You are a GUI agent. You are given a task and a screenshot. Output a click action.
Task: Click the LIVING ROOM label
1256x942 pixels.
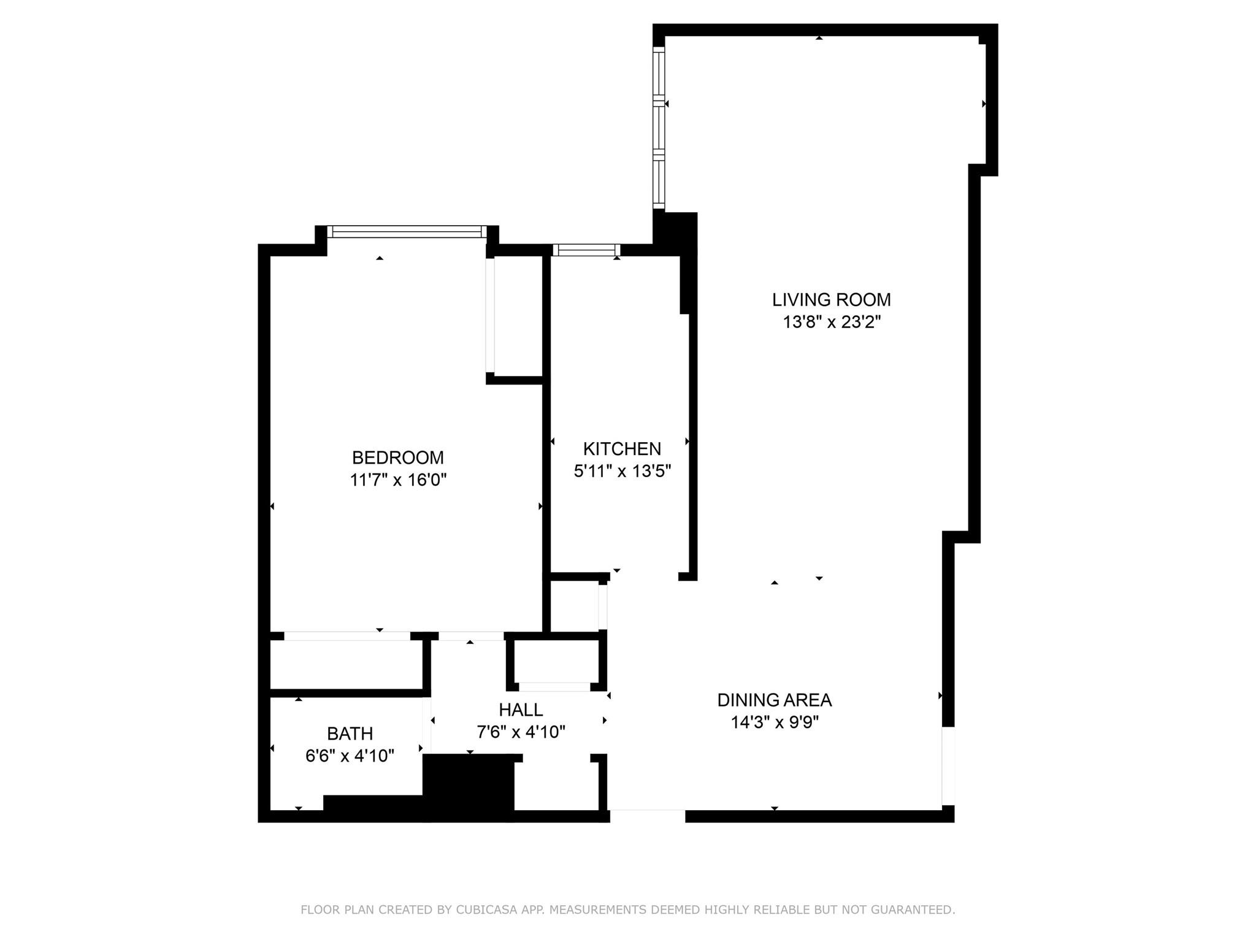pyautogui.click(x=831, y=299)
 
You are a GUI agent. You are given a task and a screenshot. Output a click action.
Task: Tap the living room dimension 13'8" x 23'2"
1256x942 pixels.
pyautogui.click(x=832, y=322)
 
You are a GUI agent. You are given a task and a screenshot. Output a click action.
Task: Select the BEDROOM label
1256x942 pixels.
pyautogui.click(x=397, y=458)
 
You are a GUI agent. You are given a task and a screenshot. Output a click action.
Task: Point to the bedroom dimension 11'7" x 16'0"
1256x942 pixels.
pyautogui.click(x=398, y=480)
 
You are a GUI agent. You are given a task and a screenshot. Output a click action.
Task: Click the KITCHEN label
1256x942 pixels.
pyautogui.click(x=622, y=449)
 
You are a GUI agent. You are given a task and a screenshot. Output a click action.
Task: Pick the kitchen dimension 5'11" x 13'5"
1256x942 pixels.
pyautogui.click(x=622, y=471)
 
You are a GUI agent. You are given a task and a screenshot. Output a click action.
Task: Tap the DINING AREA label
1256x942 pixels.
pyautogui.click(x=775, y=700)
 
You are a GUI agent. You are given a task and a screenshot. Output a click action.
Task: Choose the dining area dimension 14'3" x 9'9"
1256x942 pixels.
pyautogui.click(x=775, y=722)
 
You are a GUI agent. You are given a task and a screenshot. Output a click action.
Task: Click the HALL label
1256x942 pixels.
pyautogui.click(x=521, y=710)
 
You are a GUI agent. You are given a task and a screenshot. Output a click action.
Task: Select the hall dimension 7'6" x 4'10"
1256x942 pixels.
pyautogui.click(x=521, y=732)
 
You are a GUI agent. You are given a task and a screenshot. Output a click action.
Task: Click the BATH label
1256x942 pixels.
pyautogui.click(x=350, y=733)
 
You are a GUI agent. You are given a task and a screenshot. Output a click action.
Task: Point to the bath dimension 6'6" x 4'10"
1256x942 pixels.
pyautogui.click(x=350, y=756)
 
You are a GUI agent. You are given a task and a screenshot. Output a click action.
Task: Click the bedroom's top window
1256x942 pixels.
pyautogui.click(x=407, y=231)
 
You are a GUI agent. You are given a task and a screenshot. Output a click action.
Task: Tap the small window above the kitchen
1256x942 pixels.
pyautogui.click(x=586, y=250)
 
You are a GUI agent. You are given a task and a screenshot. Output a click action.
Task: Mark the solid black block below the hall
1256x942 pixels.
pyautogui.click(x=469, y=788)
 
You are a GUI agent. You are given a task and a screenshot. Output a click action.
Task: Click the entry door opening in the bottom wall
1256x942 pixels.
pyautogui.click(x=648, y=816)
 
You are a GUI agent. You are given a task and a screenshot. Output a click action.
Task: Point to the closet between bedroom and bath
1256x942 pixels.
pyautogui.click(x=347, y=665)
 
